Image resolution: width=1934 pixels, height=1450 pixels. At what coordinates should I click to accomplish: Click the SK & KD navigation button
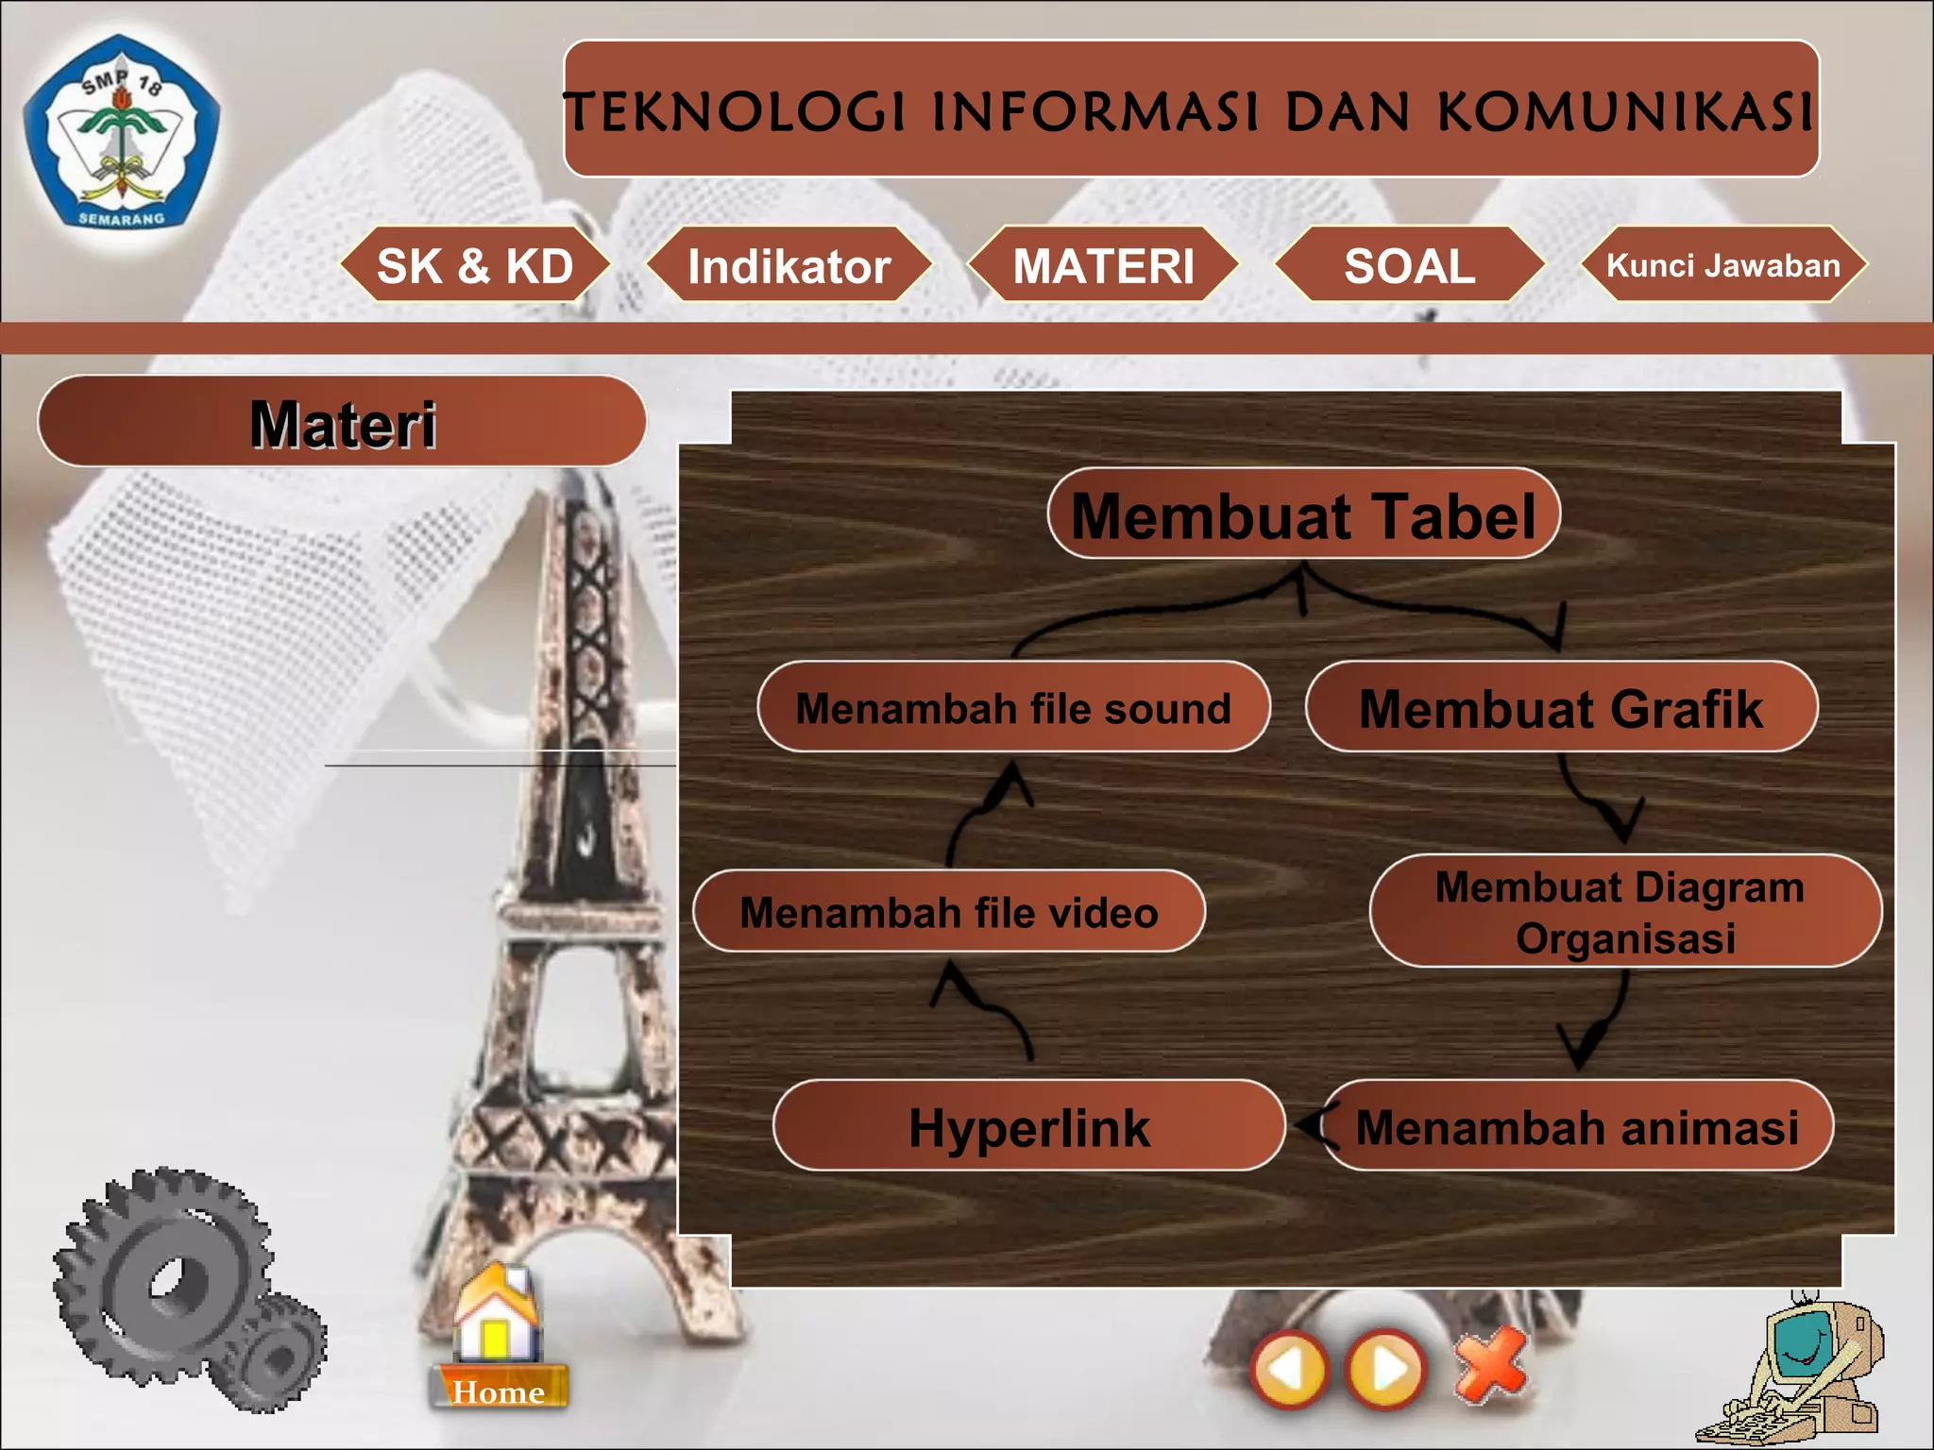point(475,265)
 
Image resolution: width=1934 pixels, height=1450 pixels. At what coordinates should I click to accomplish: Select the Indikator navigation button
point(789,265)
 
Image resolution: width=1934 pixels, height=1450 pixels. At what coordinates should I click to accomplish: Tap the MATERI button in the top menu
point(1104,265)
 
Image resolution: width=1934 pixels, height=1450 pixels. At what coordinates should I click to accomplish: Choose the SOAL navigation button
point(1410,265)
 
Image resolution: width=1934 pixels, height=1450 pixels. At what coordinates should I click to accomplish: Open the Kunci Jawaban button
point(1723,265)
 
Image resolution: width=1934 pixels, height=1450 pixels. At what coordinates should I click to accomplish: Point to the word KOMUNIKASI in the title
point(1624,111)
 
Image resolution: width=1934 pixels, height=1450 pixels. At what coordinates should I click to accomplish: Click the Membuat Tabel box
point(1303,515)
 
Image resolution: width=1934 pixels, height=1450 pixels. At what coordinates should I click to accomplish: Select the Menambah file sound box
point(1013,708)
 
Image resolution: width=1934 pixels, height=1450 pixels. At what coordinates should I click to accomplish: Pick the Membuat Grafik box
point(1561,708)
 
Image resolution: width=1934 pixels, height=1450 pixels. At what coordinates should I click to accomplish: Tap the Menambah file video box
point(949,912)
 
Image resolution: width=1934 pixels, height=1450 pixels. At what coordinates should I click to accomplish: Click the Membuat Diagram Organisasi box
point(1624,912)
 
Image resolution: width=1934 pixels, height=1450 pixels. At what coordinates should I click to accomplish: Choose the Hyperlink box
point(1029,1126)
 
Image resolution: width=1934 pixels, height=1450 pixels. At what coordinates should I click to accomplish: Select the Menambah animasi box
point(1577,1126)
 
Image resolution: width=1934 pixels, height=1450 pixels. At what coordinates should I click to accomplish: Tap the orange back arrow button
point(1289,1369)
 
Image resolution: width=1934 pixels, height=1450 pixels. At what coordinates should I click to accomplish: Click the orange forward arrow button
point(1385,1369)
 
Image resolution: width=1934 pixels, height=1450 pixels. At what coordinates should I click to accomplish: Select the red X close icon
point(1490,1365)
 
